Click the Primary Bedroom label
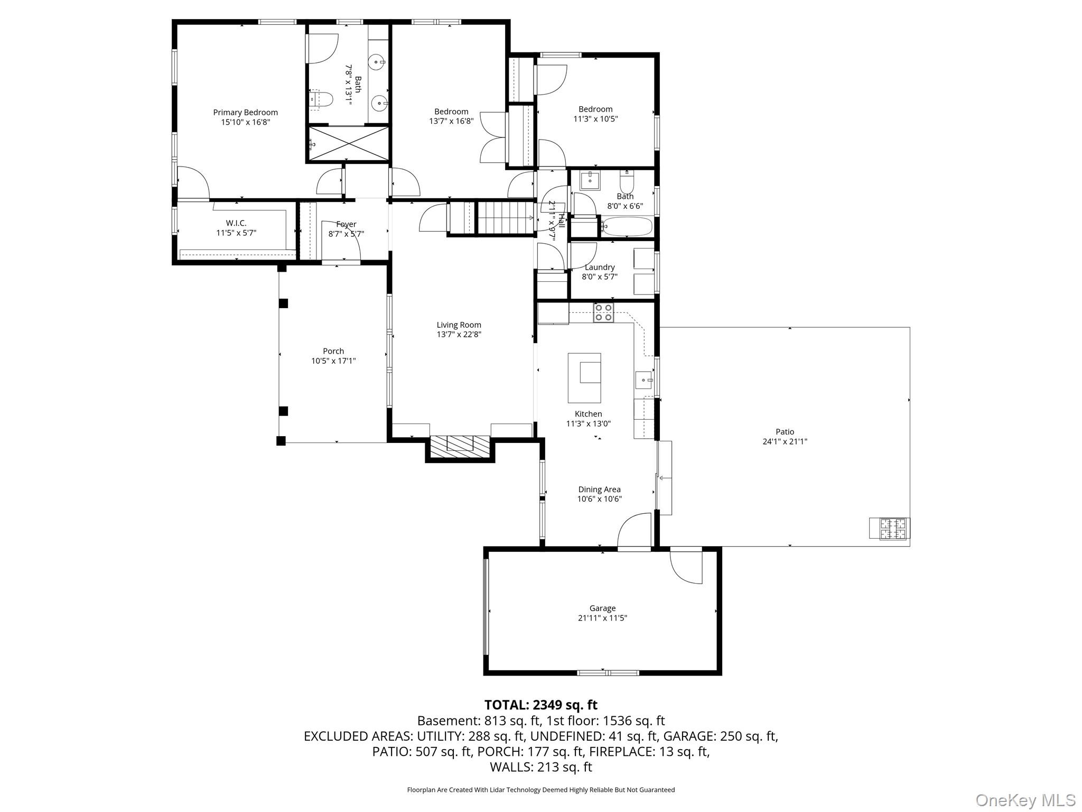(x=245, y=112)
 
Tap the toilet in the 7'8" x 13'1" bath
(x=322, y=99)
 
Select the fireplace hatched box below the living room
(x=460, y=446)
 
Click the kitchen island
(x=584, y=378)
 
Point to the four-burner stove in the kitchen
(x=603, y=312)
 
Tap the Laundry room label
(x=600, y=267)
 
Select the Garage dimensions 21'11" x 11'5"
(x=602, y=618)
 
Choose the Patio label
(x=785, y=432)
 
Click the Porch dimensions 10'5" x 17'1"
(x=333, y=361)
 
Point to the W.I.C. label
(x=236, y=223)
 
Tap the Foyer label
(x=346, y=224)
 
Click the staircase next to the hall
(x=505, y=217)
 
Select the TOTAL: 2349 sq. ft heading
(x=540, y=705)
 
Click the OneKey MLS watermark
(x=1025, y=800)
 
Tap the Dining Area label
(x=599, y=490)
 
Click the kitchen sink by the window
(x=643, y=380)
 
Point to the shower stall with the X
(x=349, y=144)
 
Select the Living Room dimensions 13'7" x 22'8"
(x=459, y=335)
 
